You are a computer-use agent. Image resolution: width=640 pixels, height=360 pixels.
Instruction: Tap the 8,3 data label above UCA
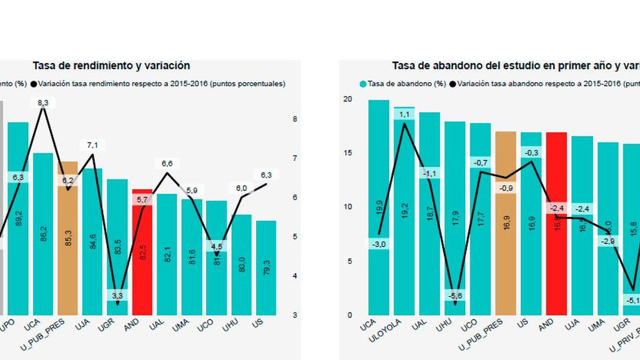coord(43,103)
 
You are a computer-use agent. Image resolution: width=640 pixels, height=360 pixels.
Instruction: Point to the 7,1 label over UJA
coord(92,145)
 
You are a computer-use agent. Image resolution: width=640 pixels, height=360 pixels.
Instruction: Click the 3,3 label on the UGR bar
coord(117,296)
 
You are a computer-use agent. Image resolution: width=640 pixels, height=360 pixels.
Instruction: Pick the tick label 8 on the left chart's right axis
coord(295,119)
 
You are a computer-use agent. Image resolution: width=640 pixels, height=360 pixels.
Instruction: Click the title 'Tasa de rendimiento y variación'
coord(111,66)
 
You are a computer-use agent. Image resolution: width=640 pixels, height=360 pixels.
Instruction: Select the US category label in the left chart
coord(258,323)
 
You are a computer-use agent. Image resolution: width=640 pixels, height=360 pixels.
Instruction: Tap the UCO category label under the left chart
coord(206,325)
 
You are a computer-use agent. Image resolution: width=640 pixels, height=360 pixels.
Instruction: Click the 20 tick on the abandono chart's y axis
coord(348,99)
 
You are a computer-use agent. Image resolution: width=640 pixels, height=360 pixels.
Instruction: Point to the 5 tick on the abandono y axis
coord(350,261)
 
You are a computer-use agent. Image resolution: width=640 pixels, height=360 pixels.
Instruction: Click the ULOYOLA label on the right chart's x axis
coord(385,331)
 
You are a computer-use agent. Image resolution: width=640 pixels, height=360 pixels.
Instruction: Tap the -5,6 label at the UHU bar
coord(455,296)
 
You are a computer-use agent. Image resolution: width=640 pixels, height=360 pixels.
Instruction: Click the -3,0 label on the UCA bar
coord(379,244)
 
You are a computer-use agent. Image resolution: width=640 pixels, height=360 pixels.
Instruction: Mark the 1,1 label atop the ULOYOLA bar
coord(404,115)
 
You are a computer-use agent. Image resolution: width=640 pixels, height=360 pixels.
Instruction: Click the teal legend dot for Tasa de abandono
coord(363,84)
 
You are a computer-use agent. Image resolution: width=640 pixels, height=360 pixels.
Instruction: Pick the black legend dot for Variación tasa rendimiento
coord(34,84)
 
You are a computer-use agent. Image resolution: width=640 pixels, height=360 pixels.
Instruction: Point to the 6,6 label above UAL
coord(167,164)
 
